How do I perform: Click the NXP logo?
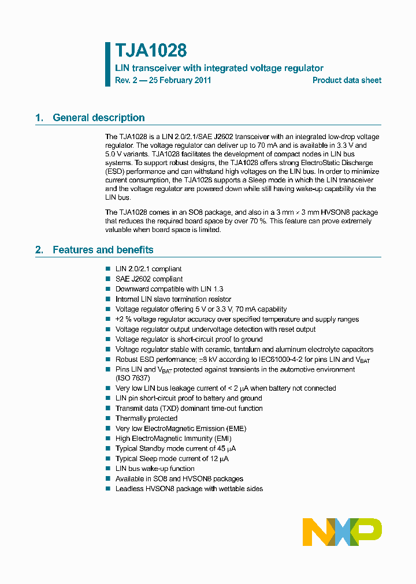342,531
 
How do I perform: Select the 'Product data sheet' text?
347,80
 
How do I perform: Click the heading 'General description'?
98,118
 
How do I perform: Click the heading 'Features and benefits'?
103,250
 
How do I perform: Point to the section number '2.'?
39,250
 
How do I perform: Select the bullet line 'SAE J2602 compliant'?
148,279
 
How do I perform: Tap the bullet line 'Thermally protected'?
146,418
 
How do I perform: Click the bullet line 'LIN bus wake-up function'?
155,469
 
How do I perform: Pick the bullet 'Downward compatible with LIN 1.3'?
169,289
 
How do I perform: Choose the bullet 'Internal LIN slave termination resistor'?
173,299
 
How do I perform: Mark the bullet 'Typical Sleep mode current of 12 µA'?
172,459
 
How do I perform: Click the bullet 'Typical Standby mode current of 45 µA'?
175,448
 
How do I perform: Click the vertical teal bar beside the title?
107,63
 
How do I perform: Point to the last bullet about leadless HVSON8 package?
189,489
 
